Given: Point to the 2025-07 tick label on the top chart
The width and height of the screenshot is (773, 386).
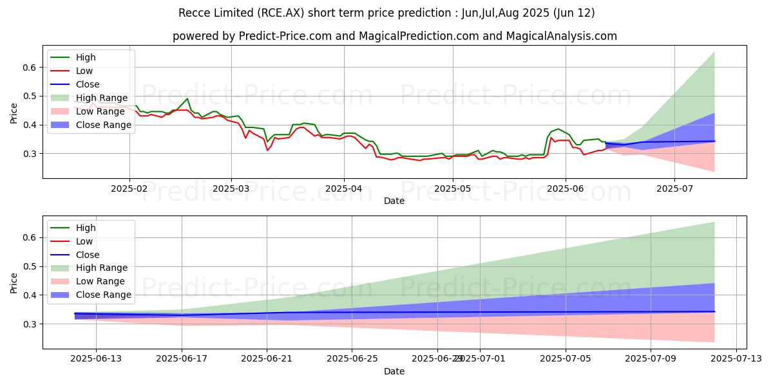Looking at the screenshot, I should pyautogui.click(x=674, y=188).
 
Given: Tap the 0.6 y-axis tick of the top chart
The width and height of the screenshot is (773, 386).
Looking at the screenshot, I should pyautogui.click(x=30, y=67).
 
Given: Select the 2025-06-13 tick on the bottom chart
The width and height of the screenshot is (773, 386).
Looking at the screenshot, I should pyautogui.click(x=96, y=358).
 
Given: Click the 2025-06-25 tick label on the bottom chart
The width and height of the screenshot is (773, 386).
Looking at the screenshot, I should pyautogui.click(x=352, y=358).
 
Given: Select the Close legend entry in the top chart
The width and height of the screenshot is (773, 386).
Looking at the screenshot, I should pyautogui.click(x=88, y=84).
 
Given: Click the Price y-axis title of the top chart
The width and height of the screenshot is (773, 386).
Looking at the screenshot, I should pyautogui.click(x=14, y=113).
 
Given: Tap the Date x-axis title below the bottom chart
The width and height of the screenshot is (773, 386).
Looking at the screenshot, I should pyautogui.click(x=394, y=371).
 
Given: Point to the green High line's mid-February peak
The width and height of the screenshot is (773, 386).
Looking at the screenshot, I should pyautogui.click(x=187, y=99).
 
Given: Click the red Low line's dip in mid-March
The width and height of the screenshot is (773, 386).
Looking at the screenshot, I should pyautogui.click(x=267, y=151).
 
